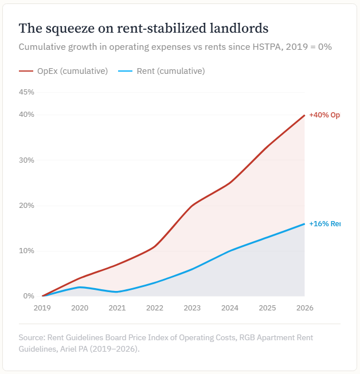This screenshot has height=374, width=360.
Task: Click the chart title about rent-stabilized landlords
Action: point(143,28)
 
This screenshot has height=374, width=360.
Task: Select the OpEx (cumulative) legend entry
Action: point(63,71)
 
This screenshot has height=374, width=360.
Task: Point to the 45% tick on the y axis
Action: point(26,92)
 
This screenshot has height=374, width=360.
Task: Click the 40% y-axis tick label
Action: point(26,115)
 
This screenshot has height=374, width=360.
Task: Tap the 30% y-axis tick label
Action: point(26,160)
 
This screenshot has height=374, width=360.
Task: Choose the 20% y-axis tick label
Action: point(26,205)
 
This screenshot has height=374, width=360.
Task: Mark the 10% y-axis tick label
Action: point(26,251)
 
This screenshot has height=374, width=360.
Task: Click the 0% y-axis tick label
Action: point(29,296)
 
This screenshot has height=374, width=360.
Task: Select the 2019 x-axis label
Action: point(42,308)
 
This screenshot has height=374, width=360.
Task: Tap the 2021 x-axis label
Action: point(117,308)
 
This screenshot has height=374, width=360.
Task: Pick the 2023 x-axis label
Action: point(192,308)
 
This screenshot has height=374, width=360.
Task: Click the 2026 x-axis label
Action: point(304,308)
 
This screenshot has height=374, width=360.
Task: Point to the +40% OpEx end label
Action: point(324,115)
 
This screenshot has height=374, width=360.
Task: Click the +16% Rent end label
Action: point(324,224)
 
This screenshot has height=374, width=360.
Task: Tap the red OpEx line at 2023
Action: point(192,205)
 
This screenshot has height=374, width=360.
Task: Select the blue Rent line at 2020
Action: point(80,287)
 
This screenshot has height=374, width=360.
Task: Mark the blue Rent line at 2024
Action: point(229,251)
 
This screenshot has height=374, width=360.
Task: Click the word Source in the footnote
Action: point(32,337)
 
